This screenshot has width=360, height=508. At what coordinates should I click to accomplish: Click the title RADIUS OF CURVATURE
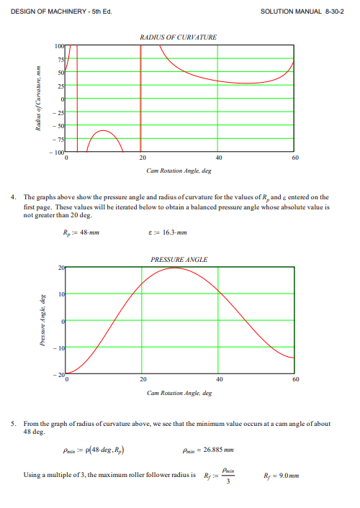(180, 36)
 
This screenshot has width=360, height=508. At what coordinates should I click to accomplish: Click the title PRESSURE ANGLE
(180, 259)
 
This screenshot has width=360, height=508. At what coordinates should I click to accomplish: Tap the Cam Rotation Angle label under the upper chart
(179, 171)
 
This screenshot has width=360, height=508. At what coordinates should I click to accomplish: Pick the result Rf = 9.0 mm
(282, 475)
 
